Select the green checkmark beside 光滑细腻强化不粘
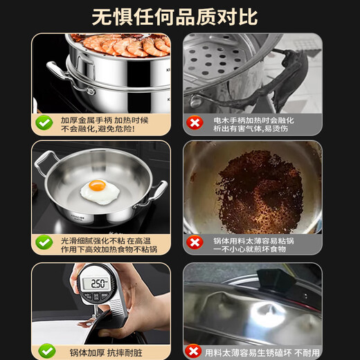tap(44, 242)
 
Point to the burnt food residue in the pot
tap(255, 187)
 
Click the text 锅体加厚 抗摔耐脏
tap(103, 350)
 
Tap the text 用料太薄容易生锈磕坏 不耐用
tap(263, 350)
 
